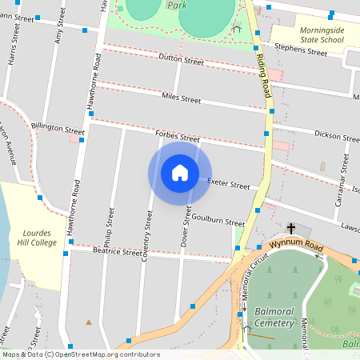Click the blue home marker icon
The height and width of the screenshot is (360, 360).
[x=180, y=174]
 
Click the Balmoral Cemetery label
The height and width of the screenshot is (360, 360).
[x=276, y=315]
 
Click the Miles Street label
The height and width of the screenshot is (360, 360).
[x=180, y=100]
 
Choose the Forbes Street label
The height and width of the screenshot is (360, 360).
[x=177, y=137]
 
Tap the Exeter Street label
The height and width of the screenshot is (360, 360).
[x=229, y=184]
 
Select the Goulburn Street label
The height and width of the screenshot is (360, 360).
[x=218, y=222]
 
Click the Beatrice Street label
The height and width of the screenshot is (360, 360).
[x=118, y=251]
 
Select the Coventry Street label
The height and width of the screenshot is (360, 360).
[x=146, y=236]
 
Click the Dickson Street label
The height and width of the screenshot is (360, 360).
[x=336, y=135]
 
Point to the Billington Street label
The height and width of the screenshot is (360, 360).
[x=58, y=127]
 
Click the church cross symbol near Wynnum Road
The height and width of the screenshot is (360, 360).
[x=290, y=229]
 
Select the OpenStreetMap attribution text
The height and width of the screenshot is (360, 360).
[x=80, y=354]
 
